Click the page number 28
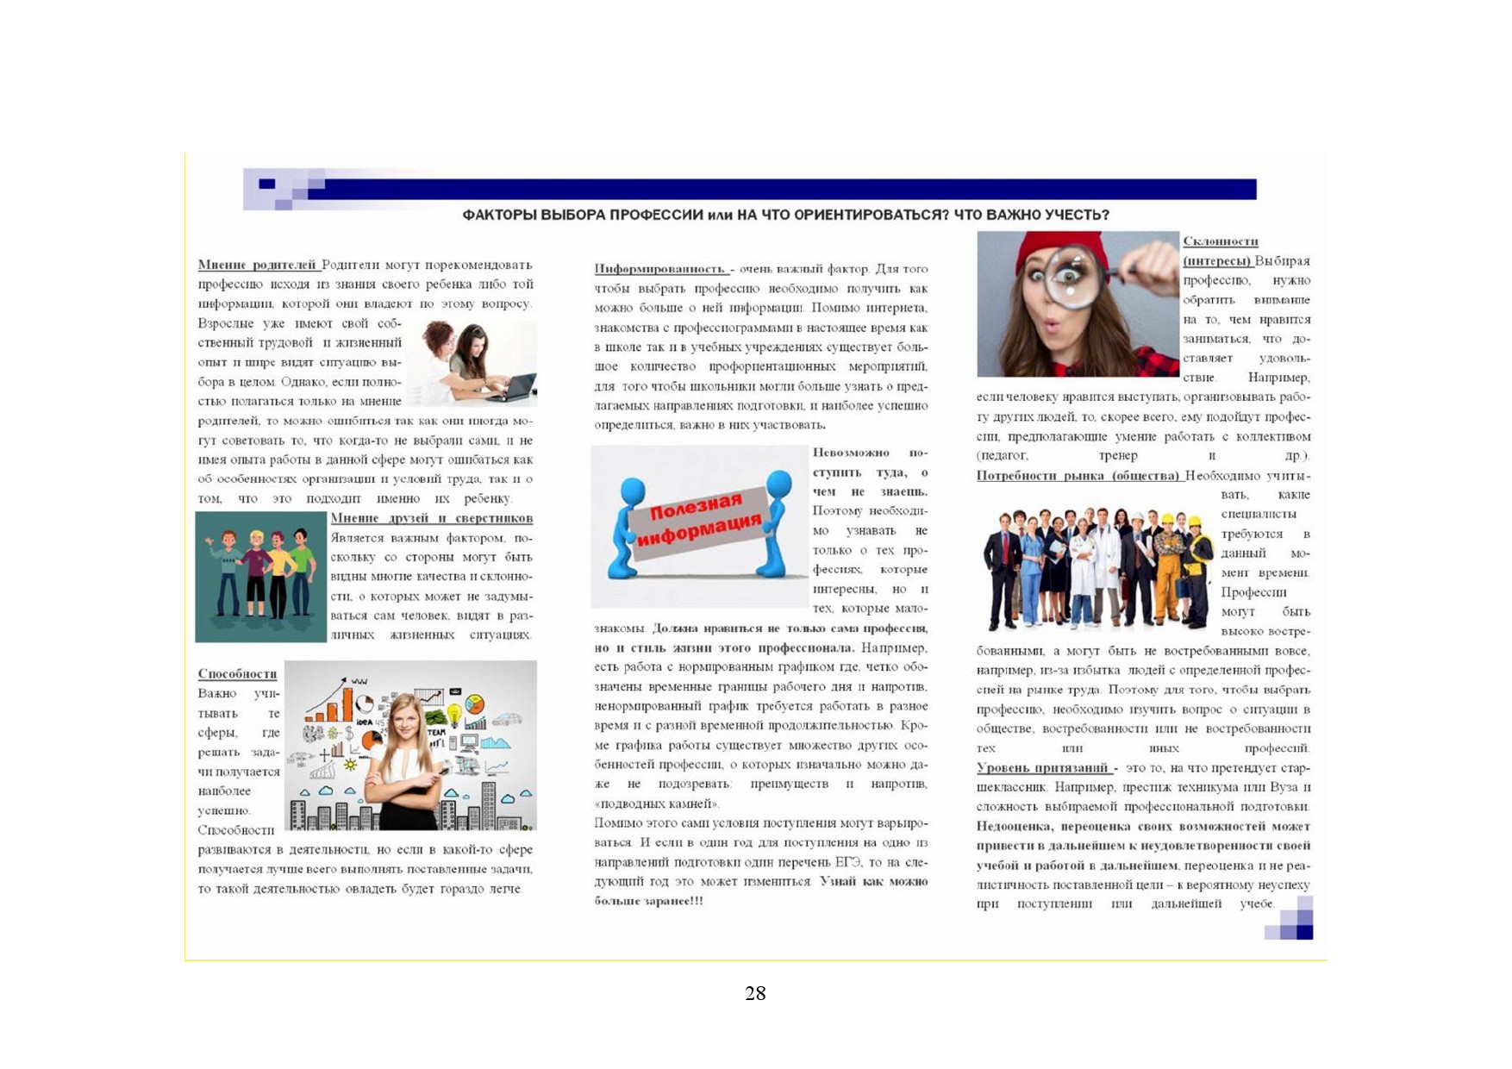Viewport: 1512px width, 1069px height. tap(755, 993)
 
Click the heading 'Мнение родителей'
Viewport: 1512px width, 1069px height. tap(257, 265)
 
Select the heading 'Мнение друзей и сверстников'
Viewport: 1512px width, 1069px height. tap(431, 518)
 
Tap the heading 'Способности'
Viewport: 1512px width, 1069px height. tap(237, 673)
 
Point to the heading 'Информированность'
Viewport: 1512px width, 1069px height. tap(660, 269)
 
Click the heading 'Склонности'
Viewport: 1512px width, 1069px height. tap(1220, 241)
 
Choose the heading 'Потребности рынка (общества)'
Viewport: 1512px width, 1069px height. tap(1078, 475)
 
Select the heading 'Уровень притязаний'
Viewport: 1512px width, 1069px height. tap(1042, 767)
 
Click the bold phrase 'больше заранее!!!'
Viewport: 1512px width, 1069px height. tap(648, 901)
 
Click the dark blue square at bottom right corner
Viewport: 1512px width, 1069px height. tap(1304, 931)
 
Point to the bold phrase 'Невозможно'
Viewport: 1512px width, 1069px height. tap(851, 453)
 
